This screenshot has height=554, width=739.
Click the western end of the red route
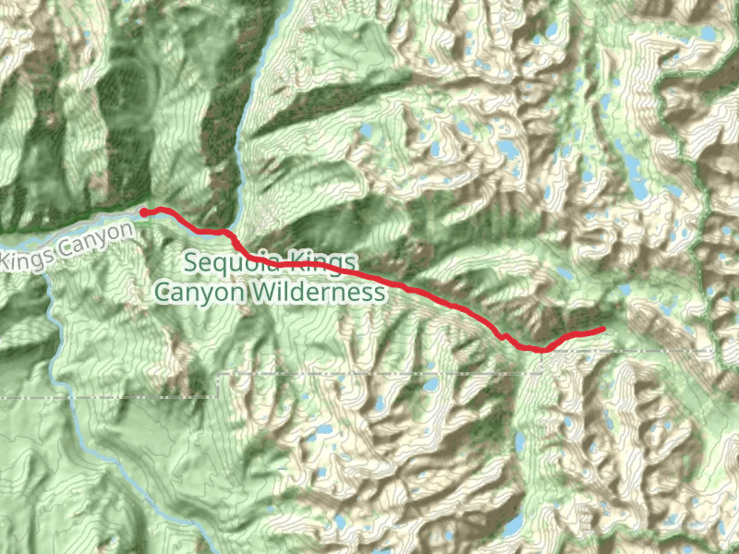[144, 212]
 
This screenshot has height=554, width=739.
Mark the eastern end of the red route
[602, 329]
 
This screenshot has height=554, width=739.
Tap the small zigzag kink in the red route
[503, 336]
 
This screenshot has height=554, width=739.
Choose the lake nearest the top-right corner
[708, 33]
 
